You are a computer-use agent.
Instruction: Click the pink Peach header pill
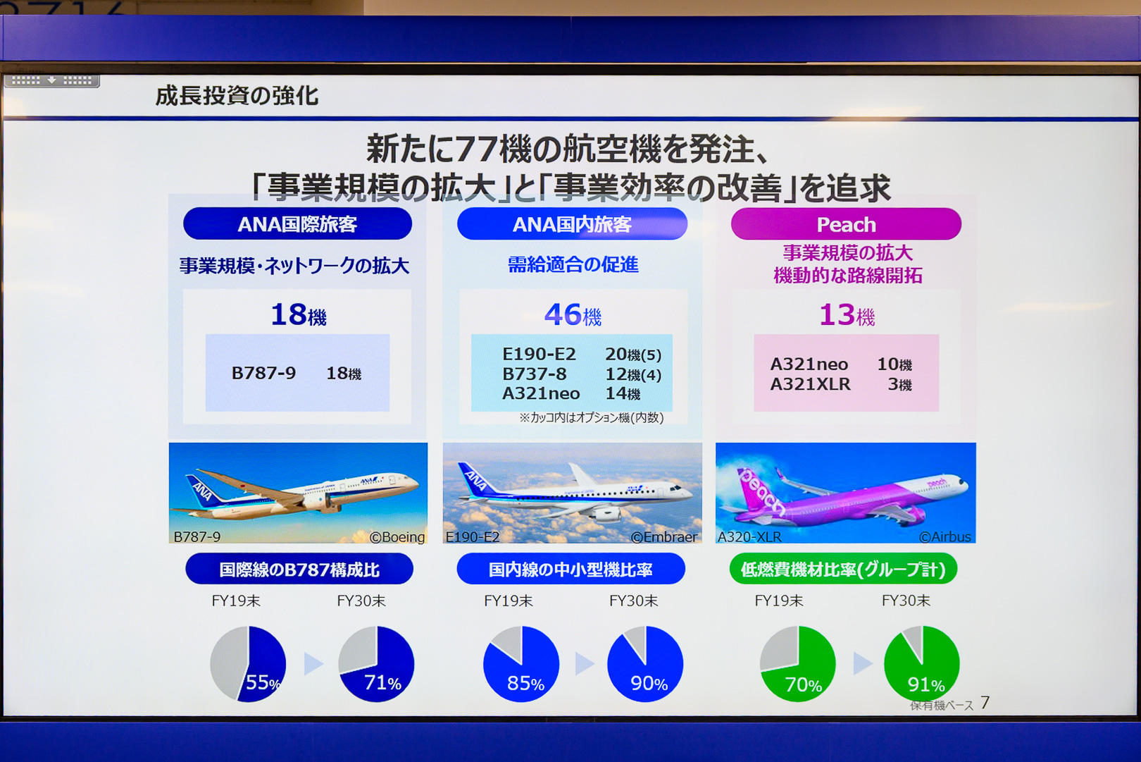point(846,223)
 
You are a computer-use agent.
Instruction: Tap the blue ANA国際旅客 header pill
point(297,223)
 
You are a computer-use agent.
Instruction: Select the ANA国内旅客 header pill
point(572,223)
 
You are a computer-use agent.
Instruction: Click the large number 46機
point(573,314)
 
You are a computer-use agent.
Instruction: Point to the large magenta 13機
point(847,314)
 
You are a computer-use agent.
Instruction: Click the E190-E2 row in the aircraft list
point(582,354)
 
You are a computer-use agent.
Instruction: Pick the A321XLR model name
point(810,383)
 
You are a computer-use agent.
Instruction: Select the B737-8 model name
point(534,374)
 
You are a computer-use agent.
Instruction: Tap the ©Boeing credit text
point(397,536)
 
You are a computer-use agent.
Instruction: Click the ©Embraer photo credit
point(663,536)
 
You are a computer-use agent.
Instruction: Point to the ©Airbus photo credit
point(945,536)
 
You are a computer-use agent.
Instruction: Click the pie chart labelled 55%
point(248,663)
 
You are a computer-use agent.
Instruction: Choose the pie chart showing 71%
point(376,663)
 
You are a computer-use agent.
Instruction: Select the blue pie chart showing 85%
point(521,663)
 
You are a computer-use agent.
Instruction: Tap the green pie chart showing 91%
point(922,663)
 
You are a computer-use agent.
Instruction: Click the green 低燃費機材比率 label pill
point(843,569)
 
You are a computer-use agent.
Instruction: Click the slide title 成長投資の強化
point(237,96)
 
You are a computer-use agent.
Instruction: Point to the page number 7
point(985,702)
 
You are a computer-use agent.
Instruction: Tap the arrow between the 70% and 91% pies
point(862,663)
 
